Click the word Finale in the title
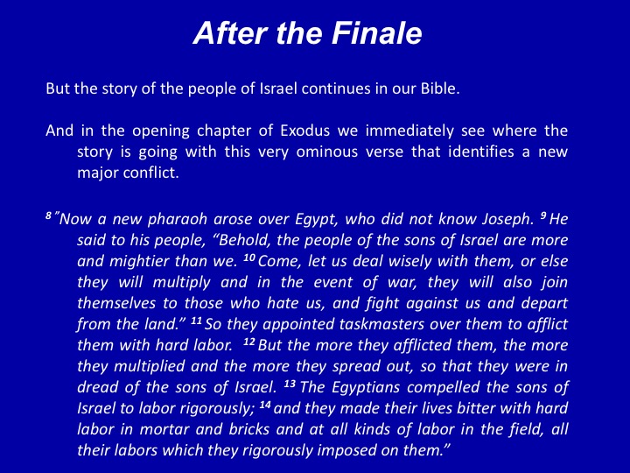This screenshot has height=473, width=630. [x=376, y=32]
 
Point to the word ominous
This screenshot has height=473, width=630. [x=326, y=152]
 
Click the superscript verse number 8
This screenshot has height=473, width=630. [x=49, y=216]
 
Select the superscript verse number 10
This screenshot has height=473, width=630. [x=249, y=258]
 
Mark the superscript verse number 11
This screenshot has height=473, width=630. [x=196, y=321]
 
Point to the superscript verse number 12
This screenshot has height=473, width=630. [x=249, y=342]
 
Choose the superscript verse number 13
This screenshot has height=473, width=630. [x=290, y=384]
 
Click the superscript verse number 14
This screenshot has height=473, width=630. [x=265, y=405]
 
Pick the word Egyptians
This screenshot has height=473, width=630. [x=365, y=387]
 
